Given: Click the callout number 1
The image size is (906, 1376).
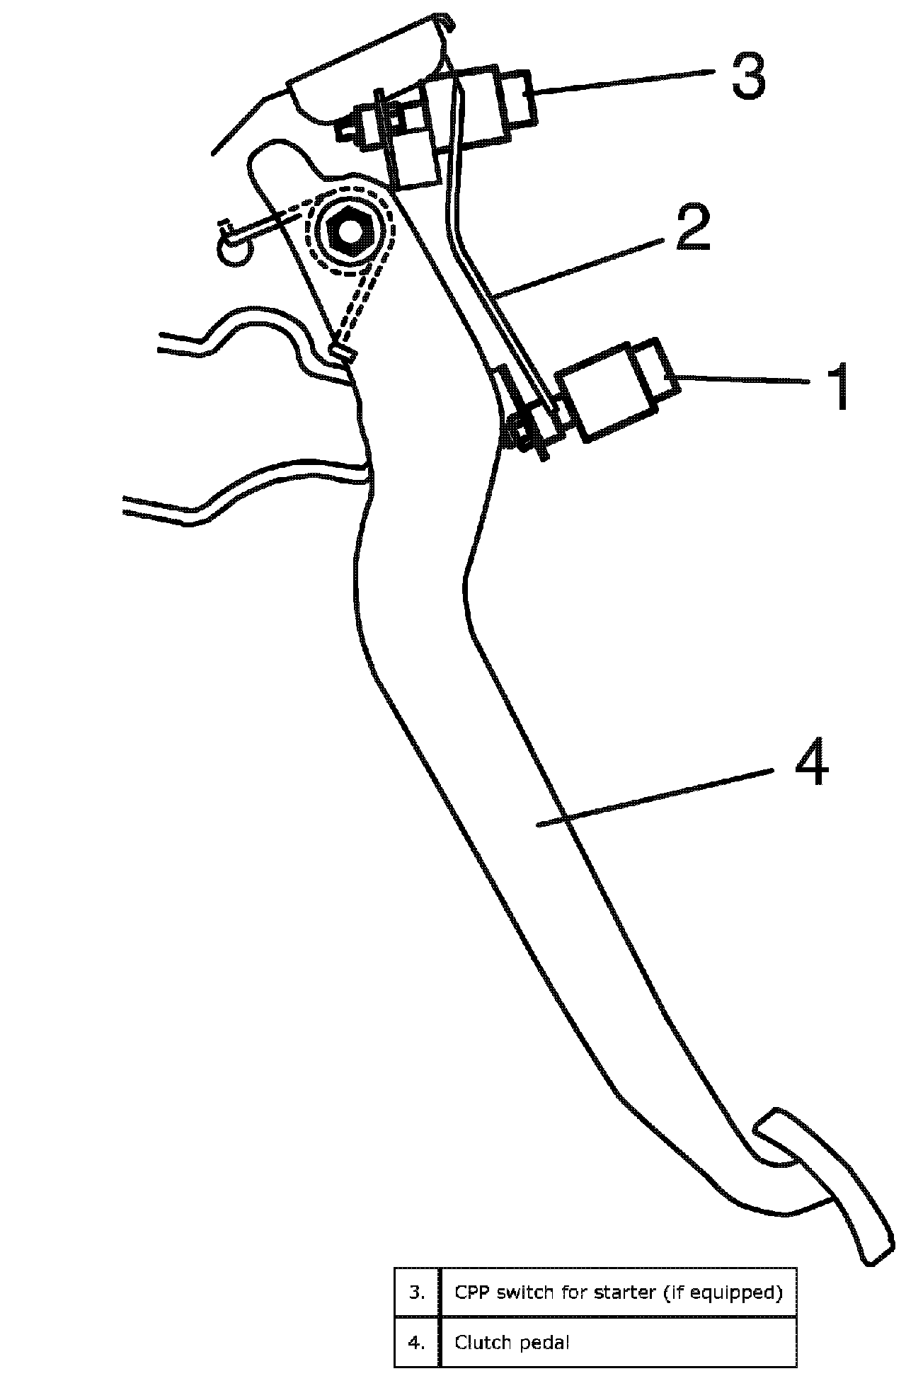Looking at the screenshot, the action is pos(839,386).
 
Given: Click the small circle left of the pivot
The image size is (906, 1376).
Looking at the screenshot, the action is pos(234,251).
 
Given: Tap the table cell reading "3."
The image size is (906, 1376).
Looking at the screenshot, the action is pos(417,1292).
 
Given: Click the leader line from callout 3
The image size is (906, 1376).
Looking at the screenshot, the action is pos(623,80).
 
